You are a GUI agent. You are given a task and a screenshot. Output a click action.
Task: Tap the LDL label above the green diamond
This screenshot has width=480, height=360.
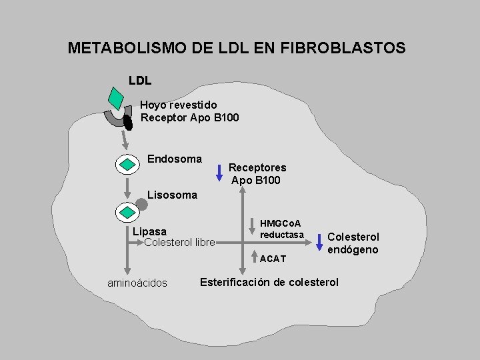click(x=140, y=81)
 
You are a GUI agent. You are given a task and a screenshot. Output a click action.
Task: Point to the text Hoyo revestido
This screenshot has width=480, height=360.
click(x=178, y=105)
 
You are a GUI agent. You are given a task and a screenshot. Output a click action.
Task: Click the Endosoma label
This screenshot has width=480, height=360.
click(x=174, y=159)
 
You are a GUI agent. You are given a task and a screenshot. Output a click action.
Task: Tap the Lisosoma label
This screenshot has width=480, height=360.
click(x=172, y=195)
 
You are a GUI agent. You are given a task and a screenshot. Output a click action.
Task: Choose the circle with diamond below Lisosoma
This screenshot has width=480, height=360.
click(x=126, y=212)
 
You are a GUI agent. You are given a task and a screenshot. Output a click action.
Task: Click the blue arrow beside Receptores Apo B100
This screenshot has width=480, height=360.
click(x=219, y=173)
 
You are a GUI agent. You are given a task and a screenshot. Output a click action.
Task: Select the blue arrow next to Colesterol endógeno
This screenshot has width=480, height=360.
click(x=319, y=242)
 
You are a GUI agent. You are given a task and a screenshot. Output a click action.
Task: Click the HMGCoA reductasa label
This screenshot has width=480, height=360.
click(x=281, y=229)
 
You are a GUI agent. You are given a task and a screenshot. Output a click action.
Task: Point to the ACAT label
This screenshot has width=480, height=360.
click(x=273, y=258)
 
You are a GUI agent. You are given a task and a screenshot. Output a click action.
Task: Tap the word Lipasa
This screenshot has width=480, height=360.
click(x=150, y=232)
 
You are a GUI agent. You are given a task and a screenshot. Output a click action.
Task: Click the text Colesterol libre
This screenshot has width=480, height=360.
click(x=179, y=242)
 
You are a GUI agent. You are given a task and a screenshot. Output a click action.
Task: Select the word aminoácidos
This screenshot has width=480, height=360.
click(x=137, y=283)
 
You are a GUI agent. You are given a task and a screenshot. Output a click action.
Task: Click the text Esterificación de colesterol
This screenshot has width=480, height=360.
click(x=269, y=282)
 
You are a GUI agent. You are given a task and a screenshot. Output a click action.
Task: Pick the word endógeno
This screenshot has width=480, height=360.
click(x=353, y=249)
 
